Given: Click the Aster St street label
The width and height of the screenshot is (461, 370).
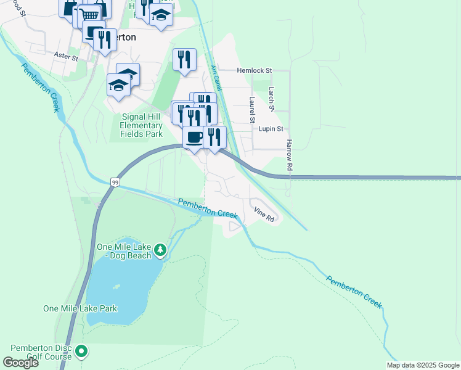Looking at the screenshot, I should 66,57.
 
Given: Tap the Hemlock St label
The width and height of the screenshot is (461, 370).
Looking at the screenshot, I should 255,71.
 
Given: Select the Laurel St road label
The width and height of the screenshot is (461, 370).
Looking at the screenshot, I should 252,109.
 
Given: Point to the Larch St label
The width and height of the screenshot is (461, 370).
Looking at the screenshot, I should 271,99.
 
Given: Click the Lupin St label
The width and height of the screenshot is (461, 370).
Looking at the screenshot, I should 271,129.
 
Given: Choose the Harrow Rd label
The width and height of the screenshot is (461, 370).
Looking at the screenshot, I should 288,155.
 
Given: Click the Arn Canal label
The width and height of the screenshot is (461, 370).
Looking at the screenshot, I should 215,80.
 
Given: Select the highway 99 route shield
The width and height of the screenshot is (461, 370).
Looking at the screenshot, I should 115,182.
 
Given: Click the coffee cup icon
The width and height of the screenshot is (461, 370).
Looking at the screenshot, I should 194,137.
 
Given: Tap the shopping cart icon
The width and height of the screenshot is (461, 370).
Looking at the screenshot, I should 90,15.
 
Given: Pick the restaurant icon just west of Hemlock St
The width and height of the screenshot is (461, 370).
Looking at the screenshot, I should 184,60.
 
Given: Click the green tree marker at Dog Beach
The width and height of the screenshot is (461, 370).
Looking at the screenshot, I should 160,250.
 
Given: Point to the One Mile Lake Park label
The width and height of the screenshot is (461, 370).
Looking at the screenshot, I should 80,308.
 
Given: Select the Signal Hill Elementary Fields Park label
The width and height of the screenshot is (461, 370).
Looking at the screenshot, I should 141,125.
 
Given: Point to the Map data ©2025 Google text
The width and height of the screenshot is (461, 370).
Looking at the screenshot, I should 422,365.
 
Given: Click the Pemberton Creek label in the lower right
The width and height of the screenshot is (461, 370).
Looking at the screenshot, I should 354,292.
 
